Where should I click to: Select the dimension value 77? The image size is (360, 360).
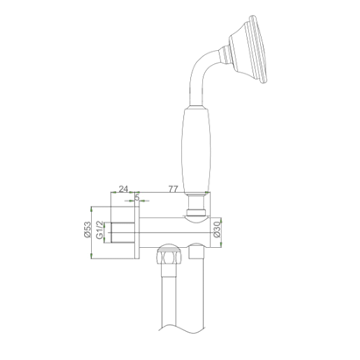pos(173,188)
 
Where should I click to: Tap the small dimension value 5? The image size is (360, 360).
pos(138,198)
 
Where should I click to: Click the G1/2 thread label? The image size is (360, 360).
pos(102,229)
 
